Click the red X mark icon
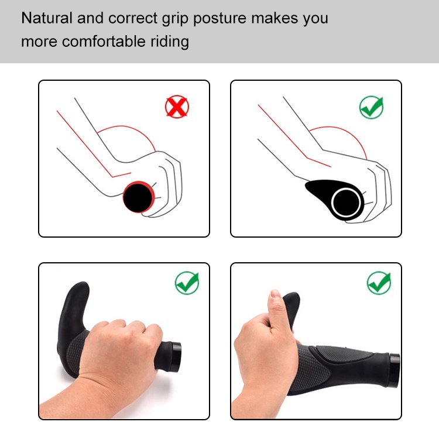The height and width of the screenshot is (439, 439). [x=177, y=107]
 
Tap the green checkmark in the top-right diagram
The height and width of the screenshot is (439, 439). [x=371, y=107]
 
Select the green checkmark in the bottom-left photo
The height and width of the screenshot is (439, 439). [x=187, y=283]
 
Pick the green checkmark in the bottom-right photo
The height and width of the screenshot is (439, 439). [x=379, y=283]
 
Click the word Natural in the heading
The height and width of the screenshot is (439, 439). [x=47, y=18]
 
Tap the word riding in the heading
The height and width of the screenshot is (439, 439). [x=170, y=42]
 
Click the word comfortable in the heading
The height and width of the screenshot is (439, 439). [x=104, y=41]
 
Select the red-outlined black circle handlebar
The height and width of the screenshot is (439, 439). [x=139, y=197]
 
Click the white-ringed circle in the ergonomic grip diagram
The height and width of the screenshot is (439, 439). [x=346, y=203]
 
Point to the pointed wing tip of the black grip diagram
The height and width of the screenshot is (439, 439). [x=306, y=184]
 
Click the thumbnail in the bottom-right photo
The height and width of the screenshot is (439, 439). [x=275, y=294]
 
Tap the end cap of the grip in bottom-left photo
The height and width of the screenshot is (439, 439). [x=176, y=356]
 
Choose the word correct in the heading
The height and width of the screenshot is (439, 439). [x=133, y=19]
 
